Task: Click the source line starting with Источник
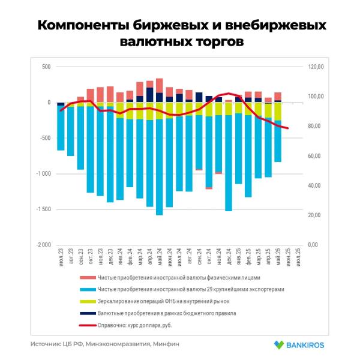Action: coord(105,344)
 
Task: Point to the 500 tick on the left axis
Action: coord(46,67)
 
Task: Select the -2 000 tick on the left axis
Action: coord(42,245)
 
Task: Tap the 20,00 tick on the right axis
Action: coord(316,215)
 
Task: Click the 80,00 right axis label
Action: coord(316,126)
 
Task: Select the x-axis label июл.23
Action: coord(61,259)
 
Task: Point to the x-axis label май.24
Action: coord(160,259)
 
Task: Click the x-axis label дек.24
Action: coord(229,259)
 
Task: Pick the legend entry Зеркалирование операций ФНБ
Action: coord(160,301)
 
